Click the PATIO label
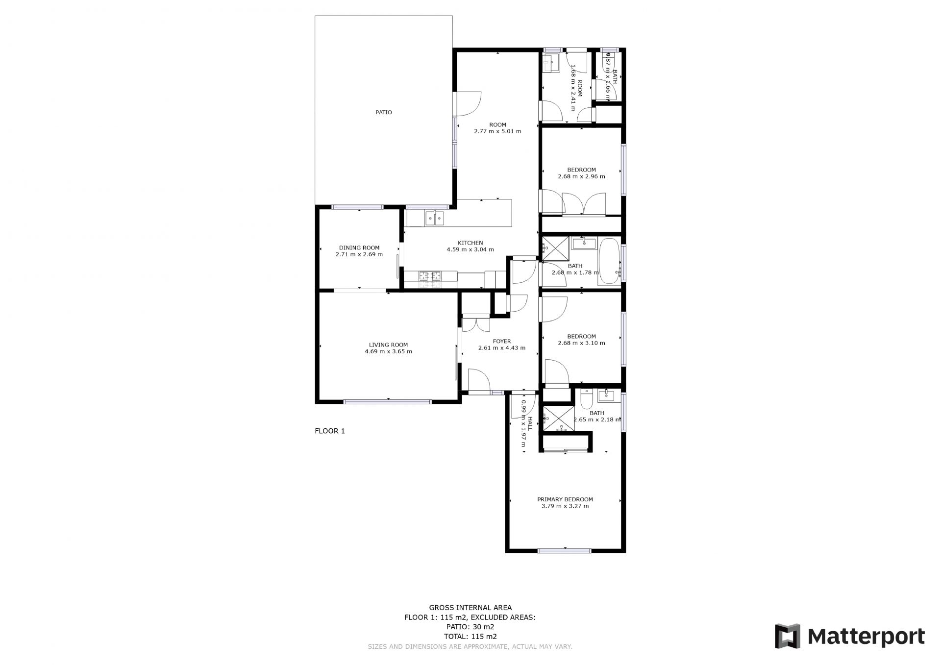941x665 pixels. tap(384, 112)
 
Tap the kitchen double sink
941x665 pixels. tap(434, 218)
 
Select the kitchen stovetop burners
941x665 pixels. tap(430, 280)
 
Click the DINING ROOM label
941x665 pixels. tap(359, 248)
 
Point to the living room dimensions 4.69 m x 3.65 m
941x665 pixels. tap(388, 351)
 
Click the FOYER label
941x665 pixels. tap(501, 342)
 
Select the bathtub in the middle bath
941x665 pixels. tap(609, 261)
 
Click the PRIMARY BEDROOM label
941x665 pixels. tap(565, 499)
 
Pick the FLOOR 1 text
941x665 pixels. tap(330, 431)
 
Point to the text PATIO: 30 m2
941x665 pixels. tap(470, 627)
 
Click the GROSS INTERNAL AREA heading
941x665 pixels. tap(470, 608)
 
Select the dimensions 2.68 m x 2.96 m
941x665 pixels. tap(581, 176)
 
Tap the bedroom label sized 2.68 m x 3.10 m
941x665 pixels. tap(581, 337)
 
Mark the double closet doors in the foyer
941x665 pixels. tap(476, 324)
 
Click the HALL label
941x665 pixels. tap(530, 423)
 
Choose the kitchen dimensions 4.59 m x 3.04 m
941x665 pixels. tap(470, 249)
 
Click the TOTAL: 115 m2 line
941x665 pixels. tap(470, 637)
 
